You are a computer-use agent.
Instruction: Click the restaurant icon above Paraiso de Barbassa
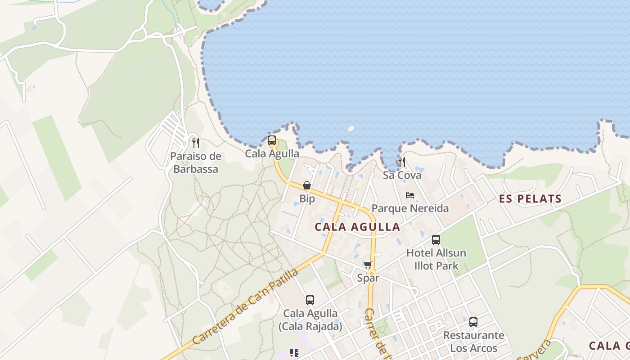pyautogui.click(x=195, y=143)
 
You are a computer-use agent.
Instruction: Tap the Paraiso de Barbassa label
pyautogui.click(x=196, y=163)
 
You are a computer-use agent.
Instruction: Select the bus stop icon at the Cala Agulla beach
pyautogui.click(x=272, y=140)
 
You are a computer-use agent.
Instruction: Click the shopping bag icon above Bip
pyautogui.click(x=307, y=185)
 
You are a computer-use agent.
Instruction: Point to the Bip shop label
pyautogui.click(x=307, y=198)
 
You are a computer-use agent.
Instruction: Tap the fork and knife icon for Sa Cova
pyautogui.click(x=402, y=162)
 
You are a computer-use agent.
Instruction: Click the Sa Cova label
pyautogui.click(x=402, y=175)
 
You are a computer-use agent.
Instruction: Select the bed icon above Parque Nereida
pyautogui.click(x=410, y=195)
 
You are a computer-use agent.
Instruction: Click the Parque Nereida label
pyautogui.click(x=410, y=208)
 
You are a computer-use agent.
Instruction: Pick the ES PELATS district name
pyautogui.click(x=531, y=199)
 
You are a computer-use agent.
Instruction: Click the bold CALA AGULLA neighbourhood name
pyautogui.click(x=357, y=227)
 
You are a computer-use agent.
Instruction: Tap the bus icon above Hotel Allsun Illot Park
pyautogui.click(x=436, y=240)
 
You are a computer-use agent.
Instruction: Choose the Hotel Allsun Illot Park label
pyautogui.click(x=436, y=259)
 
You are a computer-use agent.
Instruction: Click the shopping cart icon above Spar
pyautogui.click(x=368, y=265)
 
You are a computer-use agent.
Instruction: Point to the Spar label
pyautogui.click(x=368, y=278)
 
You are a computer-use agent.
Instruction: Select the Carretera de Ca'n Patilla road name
pyautogui.click(x=245, y=307)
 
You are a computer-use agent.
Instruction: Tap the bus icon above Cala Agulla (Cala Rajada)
pyautogui.click(x=310, y=300)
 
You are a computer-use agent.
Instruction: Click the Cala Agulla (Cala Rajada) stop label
pyautogui.click(x=310, y=319)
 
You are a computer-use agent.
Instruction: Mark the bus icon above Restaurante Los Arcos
pyautogui.click(x=473, y=322)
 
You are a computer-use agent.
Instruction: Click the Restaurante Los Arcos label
pyautogui.click(x=473, y=342)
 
